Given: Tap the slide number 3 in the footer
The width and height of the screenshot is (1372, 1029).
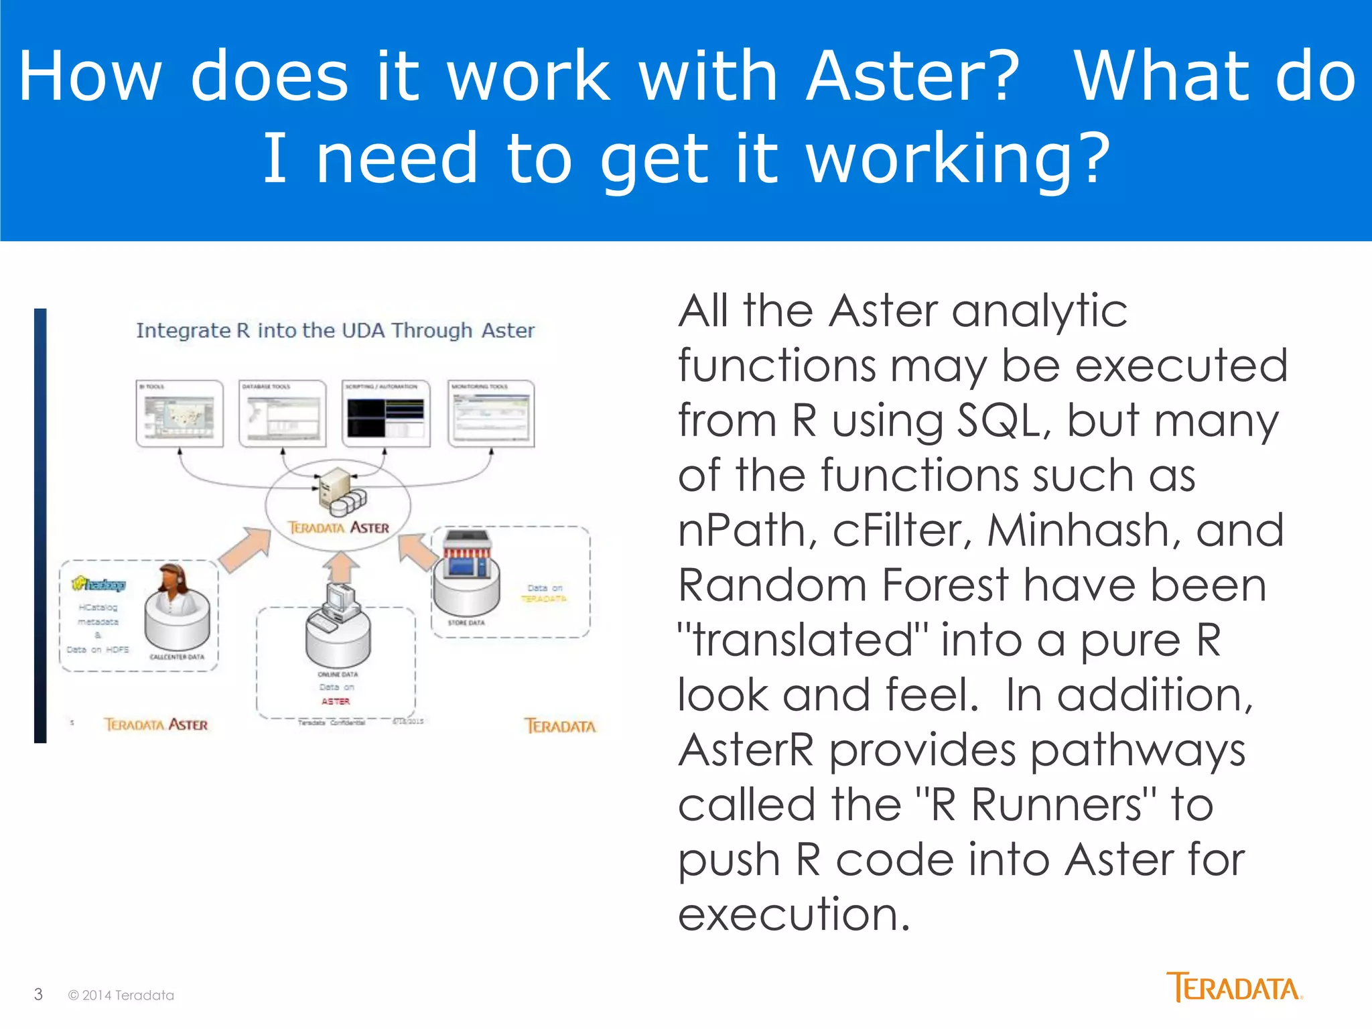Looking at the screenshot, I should [x=38, y=994].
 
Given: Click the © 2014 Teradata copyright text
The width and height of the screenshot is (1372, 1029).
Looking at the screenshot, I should [x=121, y=996].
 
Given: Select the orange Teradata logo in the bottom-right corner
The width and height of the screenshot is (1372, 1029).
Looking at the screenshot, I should [x=1233, y=987].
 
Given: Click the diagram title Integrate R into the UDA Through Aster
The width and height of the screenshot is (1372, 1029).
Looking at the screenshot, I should [x=335, y=330].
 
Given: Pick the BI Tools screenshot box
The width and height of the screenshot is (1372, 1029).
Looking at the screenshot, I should [x=180, y=414].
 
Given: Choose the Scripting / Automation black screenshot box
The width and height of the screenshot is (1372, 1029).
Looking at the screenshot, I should [x=385, y=414].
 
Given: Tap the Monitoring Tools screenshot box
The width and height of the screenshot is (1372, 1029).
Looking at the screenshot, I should [x=491, y=414].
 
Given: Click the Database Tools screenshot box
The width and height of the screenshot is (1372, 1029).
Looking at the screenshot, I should [x=282, y=414].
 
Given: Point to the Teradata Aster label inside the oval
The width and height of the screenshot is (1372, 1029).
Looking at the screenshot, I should [x=338, y=528].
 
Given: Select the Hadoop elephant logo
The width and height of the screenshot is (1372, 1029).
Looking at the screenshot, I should [x=98, y=584].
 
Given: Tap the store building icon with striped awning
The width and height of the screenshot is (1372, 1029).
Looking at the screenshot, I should [x=467, y=556].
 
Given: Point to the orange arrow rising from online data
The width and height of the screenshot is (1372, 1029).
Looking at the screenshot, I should [x=341, y=567].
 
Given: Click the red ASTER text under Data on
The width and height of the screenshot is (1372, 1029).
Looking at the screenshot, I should [x=336, y=701].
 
